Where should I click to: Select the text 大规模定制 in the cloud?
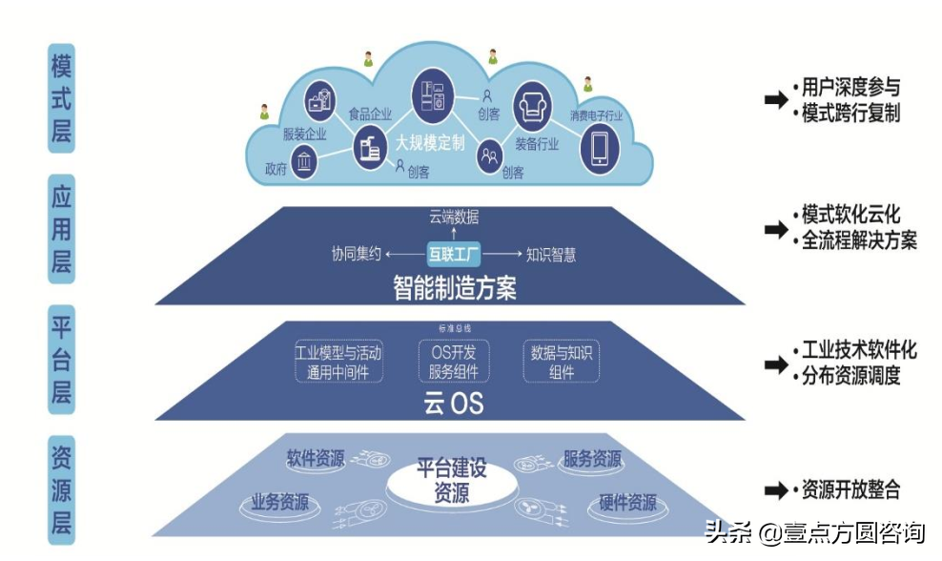click(x=431, y=143)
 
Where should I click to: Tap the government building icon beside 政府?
click(x=304, y=162)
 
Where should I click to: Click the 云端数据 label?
click(x=455, y=217)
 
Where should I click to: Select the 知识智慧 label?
click(x=551, y=255)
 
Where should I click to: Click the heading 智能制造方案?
click(x=455, y=287)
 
